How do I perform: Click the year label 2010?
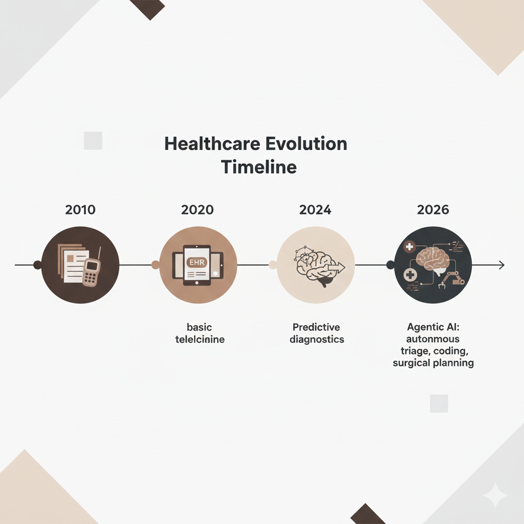80,209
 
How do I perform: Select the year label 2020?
198,209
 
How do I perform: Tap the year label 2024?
315,209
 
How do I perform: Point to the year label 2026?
433,209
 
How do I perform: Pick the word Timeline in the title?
258,167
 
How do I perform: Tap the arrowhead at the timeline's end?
501,265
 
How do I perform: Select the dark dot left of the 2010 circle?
37,265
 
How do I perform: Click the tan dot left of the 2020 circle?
155,265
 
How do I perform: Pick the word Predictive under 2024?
316,327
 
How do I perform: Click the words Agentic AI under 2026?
433,326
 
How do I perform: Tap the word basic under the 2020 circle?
200,327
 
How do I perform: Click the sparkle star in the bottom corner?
495,496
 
